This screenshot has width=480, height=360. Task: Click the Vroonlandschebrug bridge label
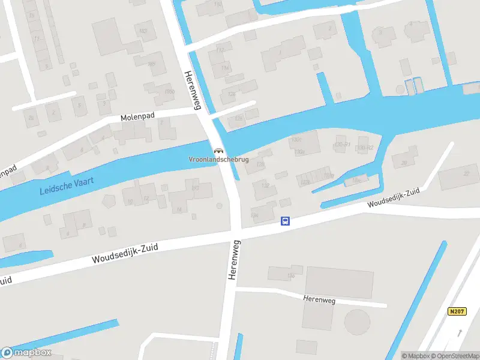click(218, 160)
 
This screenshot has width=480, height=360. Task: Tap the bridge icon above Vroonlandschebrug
click(218, 150)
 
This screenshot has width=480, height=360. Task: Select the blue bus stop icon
click(286, 221)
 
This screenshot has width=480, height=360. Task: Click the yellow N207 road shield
click(457, 311)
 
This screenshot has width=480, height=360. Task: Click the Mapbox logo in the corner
click(26, 353)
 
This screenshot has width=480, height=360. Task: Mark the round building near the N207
click(358, 322)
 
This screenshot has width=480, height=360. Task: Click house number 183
click(143, 30)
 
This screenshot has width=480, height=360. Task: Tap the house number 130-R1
click(342, 145)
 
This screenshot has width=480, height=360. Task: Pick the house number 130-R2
click(365, 147)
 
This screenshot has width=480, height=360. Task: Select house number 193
click(194, 189)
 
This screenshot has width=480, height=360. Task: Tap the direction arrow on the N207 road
click(460, 331)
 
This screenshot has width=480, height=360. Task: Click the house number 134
click(254, 214)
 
